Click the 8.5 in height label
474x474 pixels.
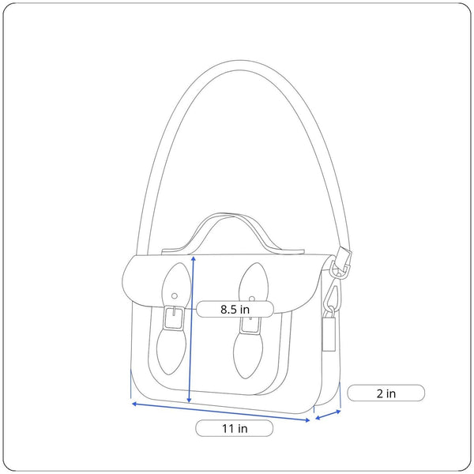235,309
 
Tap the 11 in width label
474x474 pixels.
235,428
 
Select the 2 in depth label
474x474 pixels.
386,393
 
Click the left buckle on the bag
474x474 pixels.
174,318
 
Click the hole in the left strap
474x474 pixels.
175,296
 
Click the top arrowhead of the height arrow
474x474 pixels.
194,258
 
